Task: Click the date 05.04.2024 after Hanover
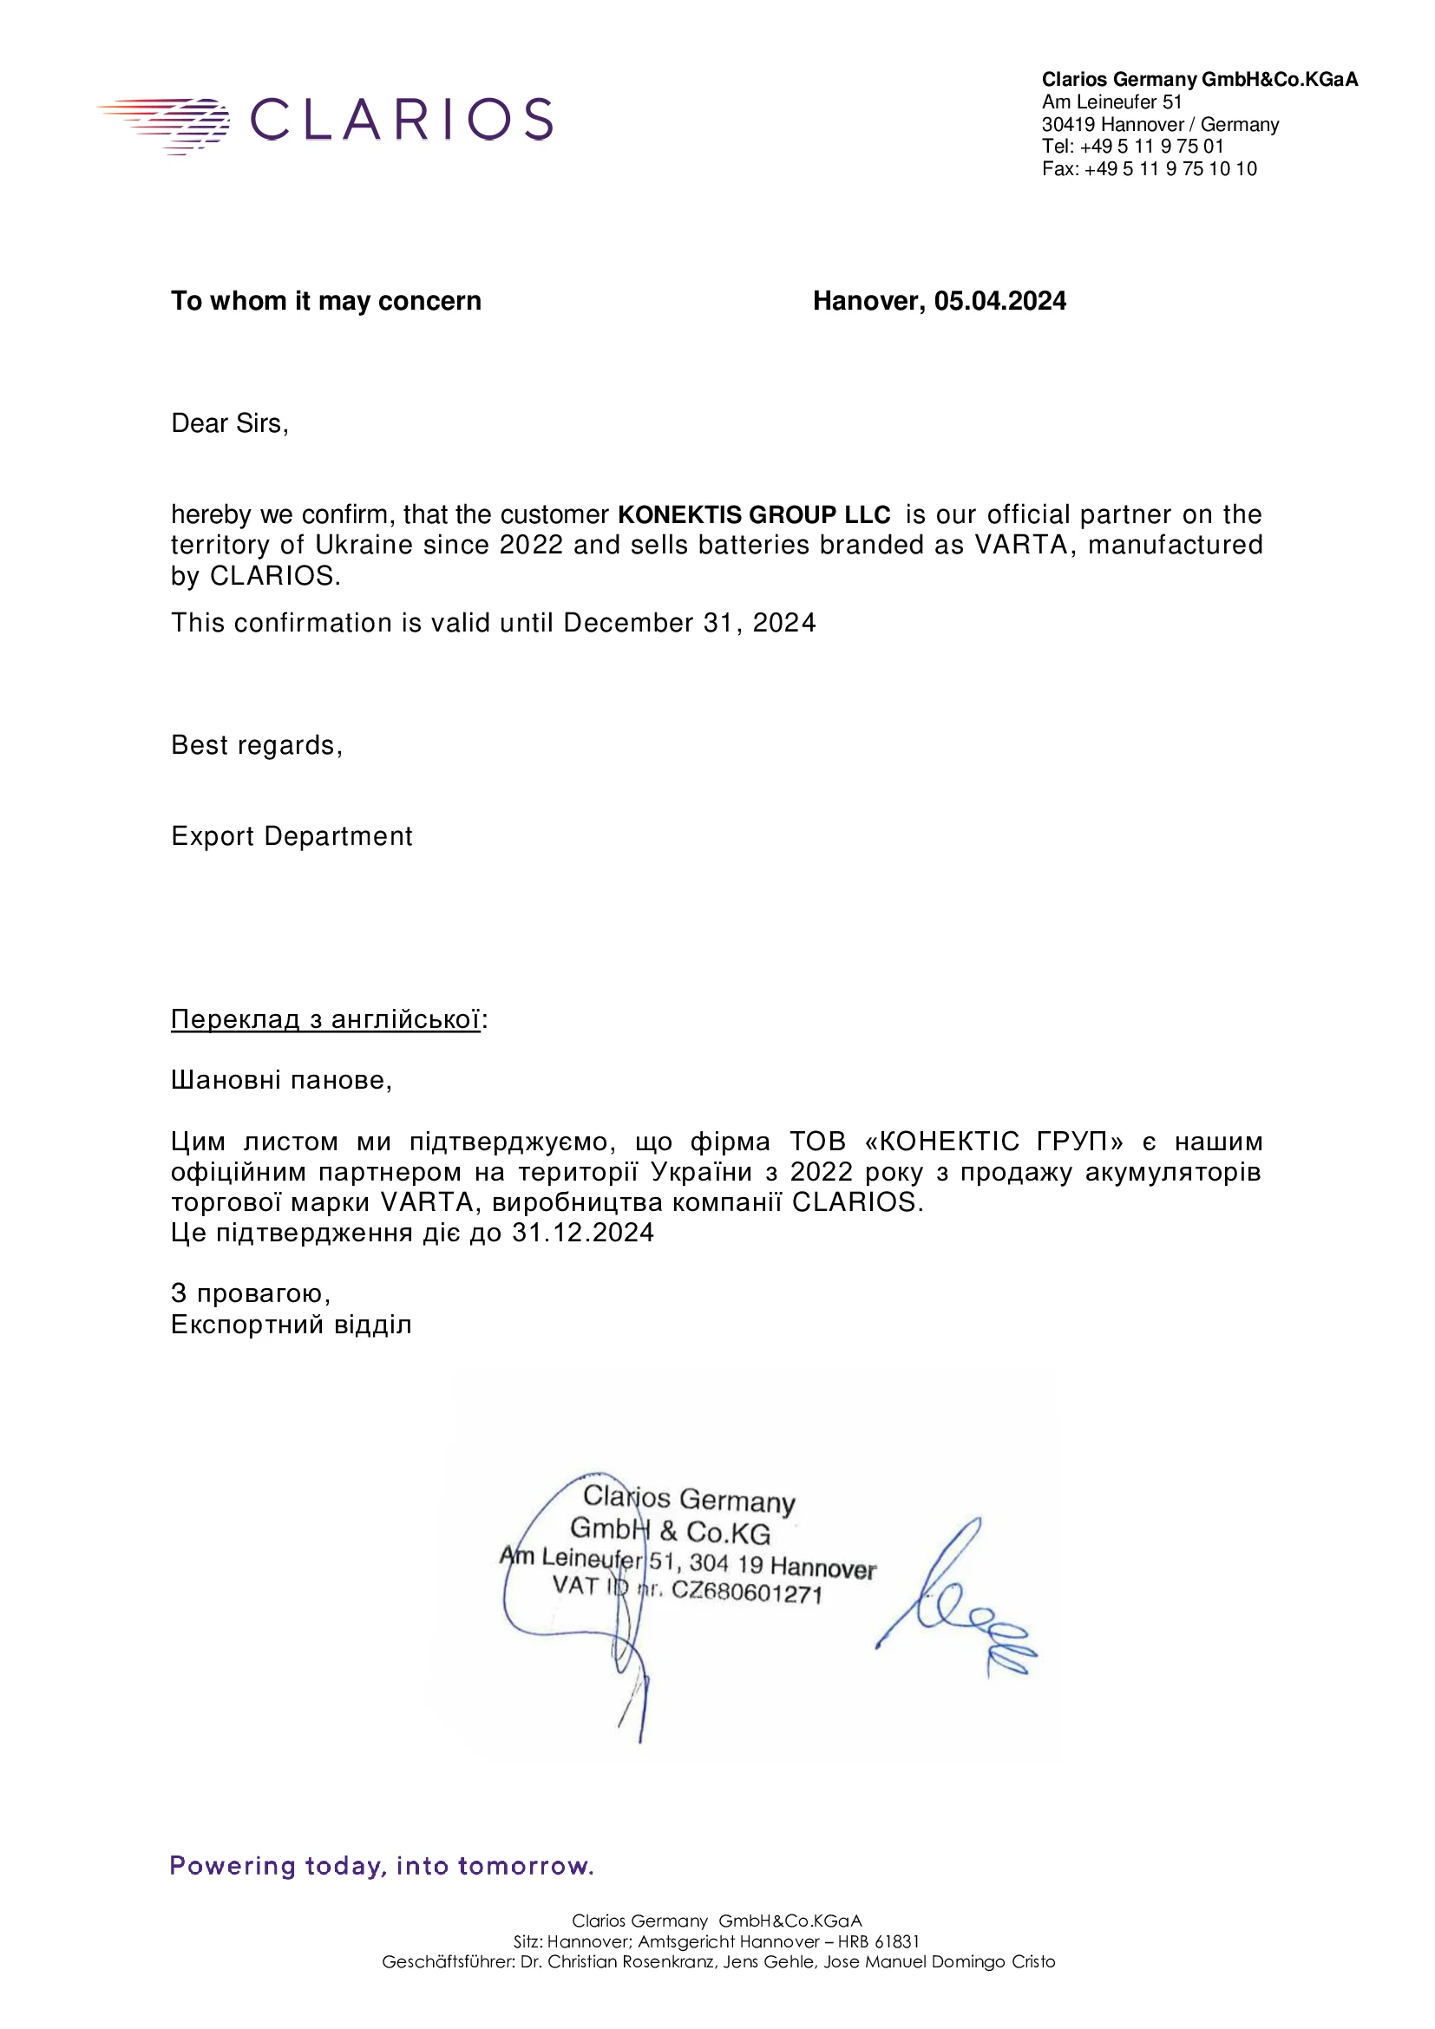click(999, 301)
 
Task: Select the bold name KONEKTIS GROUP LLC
click(754, 514)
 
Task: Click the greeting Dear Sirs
click(230, 423)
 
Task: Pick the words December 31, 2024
click(689, 623)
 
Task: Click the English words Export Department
click(292, 836)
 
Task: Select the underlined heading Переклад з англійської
click(325, 1019)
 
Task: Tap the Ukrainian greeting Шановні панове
click(281, 1080)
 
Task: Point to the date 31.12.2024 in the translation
click(583, 1233)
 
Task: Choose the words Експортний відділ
click(292, 1325)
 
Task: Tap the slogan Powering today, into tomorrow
click(381, 1866)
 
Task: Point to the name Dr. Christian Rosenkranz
click(619, 1962)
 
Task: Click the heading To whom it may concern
click(326, 301)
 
